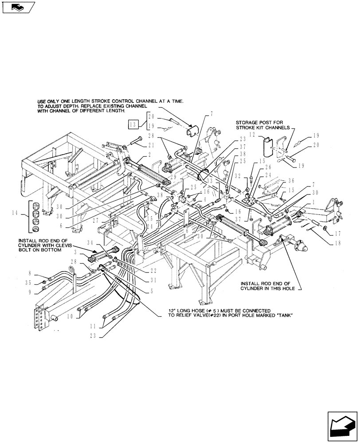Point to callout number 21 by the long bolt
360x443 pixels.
point(152,145)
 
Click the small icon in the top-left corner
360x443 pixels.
point(17,7)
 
